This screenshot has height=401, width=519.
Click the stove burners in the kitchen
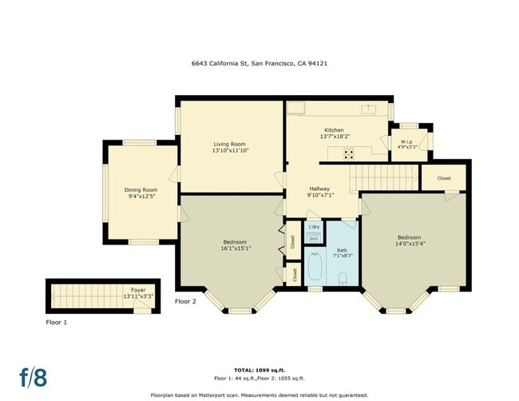(350, 154)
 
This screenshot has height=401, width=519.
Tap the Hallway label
(319, 189)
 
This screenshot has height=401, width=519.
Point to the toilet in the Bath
(343, 278)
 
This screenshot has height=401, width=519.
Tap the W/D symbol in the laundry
(314, 238)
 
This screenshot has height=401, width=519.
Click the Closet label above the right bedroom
(444, 178)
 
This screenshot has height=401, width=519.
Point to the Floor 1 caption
(56, 322)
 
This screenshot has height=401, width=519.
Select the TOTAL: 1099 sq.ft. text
(259, 370)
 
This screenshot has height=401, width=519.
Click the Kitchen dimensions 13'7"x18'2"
(334, 137)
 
